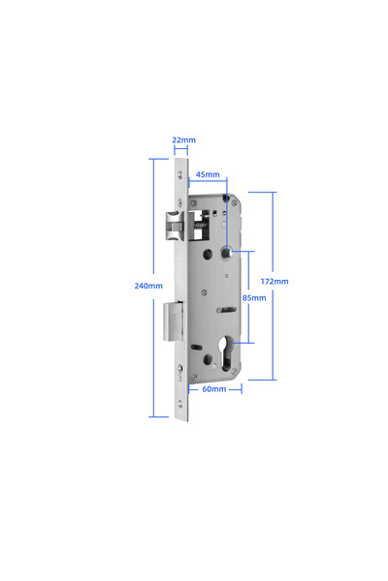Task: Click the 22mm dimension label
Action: pyautogui.click(x=183, y=140)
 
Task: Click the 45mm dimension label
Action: pyautogui.click(x=208, y=175)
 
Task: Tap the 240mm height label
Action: pyautogui.click(x=148, y=286)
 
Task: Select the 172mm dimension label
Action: pyautogui.click(x=276, y=281)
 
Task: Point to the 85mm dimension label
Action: pyautogui.click(x=253, y=297)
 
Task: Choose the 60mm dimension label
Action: pyautogui.click(x=213, y=388)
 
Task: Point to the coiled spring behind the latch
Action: pyautogui.click(x=201, y=227)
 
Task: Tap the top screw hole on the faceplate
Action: pyautogui.click(x=183, y=173)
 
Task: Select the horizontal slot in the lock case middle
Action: pyautogui.click(x=224, y=310)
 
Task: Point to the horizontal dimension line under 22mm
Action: pyautogui.click(x=183, y=150)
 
